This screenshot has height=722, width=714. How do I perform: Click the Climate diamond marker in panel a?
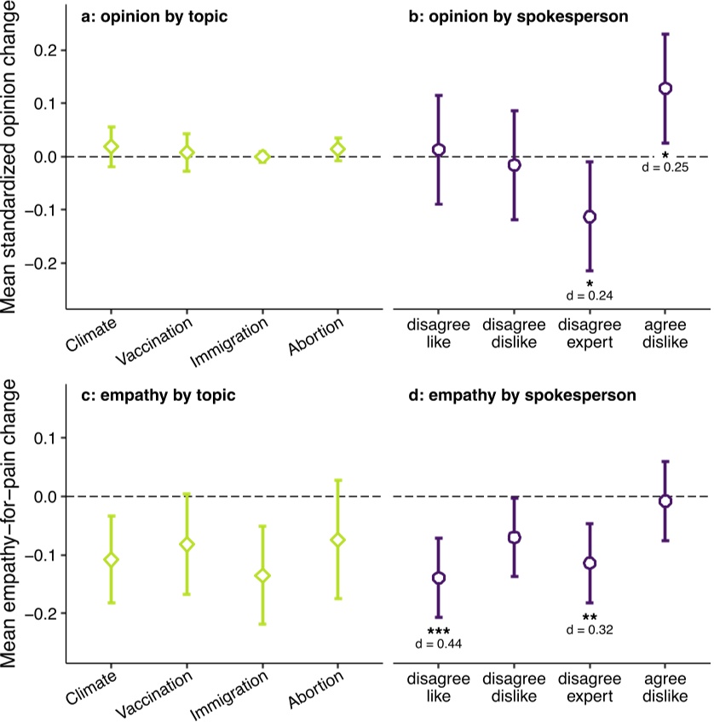111,146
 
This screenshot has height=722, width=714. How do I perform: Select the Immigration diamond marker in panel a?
262,157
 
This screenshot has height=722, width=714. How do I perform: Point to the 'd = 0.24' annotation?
590,295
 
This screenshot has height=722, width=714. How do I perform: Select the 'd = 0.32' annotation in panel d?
590,630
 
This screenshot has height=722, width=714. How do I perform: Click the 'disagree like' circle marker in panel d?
439,578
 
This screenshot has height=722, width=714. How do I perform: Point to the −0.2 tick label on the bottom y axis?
39,614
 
